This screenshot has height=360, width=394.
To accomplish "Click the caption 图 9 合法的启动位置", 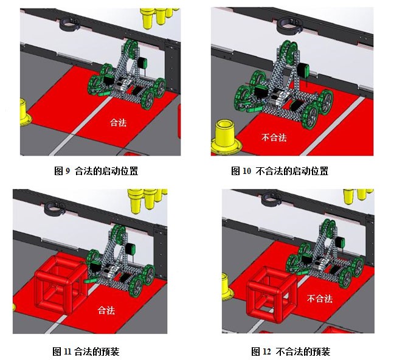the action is [96, 171].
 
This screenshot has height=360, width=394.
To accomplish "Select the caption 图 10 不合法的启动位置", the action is [280, 171].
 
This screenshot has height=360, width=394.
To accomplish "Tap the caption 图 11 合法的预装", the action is [86, 351].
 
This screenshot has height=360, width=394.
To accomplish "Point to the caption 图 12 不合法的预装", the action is [291, 351].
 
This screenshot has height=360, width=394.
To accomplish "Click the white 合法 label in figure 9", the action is [118, 122].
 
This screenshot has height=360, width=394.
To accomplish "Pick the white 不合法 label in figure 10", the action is [274, 137].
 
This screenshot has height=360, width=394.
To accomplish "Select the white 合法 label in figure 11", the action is [106, 310].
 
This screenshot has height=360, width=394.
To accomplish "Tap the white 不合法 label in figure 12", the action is [320, 299].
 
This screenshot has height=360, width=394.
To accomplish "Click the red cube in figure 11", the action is [61, 283].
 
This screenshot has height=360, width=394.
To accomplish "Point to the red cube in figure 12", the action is [272, 294].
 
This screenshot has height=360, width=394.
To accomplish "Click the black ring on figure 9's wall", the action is [69, 24].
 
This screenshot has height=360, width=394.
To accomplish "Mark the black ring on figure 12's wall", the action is [272, 198].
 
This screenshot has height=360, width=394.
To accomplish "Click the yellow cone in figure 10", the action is [226, 137].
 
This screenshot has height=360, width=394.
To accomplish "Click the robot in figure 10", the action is [284, 84].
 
